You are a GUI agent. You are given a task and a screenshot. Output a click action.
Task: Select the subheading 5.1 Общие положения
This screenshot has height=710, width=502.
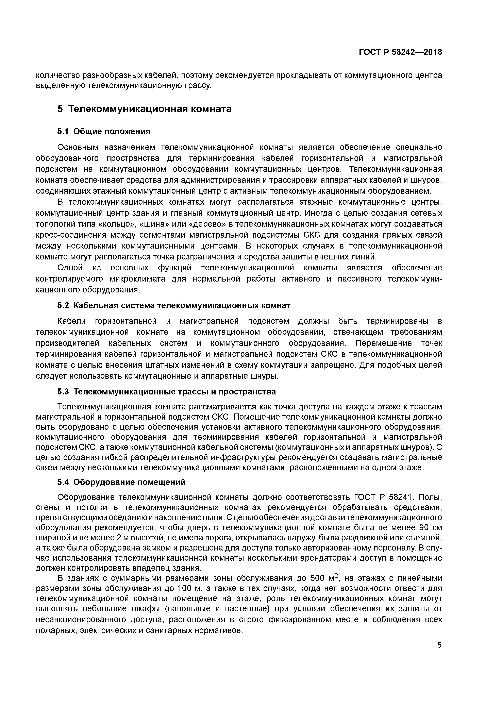tap(104, 131)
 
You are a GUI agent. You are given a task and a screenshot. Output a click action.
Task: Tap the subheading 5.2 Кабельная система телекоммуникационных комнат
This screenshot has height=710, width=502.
tap(174, 306)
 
